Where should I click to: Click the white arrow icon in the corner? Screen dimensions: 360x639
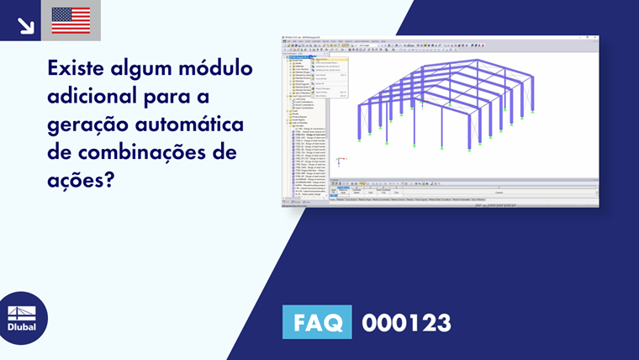[25, 24]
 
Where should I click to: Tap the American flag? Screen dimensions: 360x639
[71, 20]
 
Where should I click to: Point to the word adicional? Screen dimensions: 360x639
[97, 95]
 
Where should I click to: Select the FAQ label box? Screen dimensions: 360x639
[317, 323]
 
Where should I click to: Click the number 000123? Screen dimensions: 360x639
[406, 323]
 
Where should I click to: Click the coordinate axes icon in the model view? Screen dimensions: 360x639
[339, 161]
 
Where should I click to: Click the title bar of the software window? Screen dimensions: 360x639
[437, 36]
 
